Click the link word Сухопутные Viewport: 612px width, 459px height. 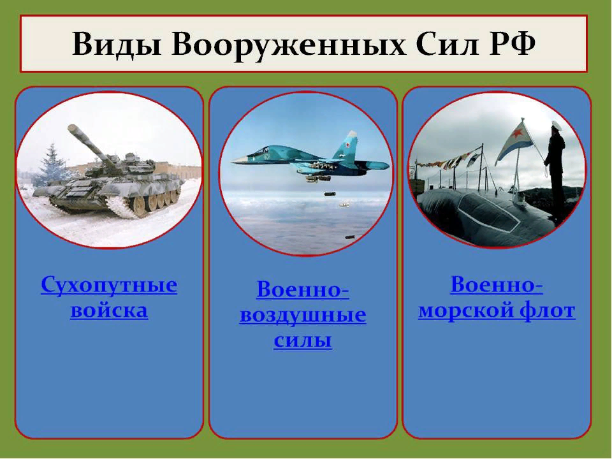[x=109, y=285]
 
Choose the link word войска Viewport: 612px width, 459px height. [x=109, y=310]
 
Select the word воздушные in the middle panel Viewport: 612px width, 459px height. [x=303, y=316]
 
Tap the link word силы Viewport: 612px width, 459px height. [x=303, y=340]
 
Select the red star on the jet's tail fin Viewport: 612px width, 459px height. [x=346, y=147]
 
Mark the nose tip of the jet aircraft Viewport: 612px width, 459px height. [x=232, y=161]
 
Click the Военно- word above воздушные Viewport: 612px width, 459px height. [x=303, y=290]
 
